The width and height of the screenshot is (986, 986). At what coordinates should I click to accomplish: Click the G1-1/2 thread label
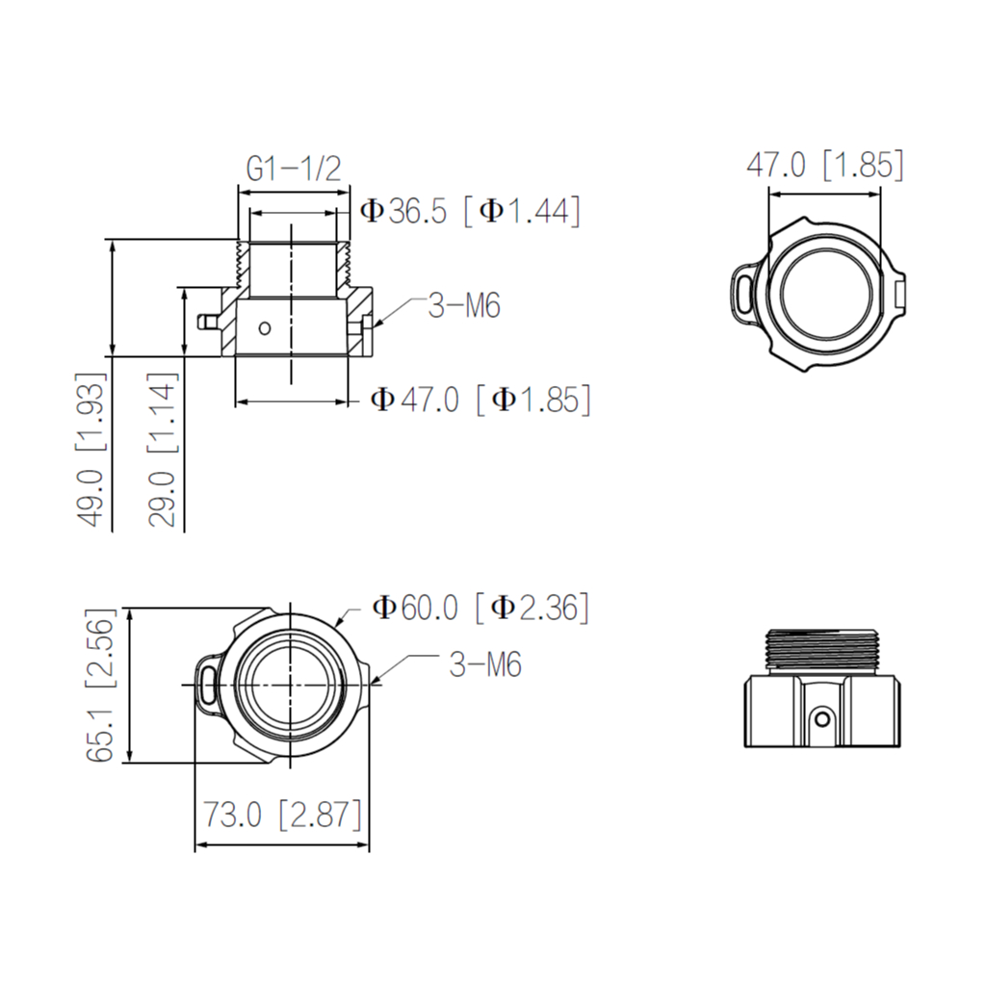[294, 169]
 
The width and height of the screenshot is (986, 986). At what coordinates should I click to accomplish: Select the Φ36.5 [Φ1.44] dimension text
[470, 211]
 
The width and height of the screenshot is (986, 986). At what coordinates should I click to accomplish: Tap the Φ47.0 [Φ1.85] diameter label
[480, 399]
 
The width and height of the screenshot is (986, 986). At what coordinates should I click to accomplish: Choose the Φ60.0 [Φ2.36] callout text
[480, 608]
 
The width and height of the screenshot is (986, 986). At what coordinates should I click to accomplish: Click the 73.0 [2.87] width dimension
[282, 816]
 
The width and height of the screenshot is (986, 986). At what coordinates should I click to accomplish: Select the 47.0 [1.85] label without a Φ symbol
[825, 165]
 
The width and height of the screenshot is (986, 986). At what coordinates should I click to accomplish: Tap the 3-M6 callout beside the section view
[464, 306]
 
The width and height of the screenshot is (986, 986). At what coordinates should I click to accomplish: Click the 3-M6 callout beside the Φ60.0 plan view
[485, 664]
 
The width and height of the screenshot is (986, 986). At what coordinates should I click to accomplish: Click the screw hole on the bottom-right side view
[821, 718]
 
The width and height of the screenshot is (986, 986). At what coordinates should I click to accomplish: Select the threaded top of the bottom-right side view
[823, 648]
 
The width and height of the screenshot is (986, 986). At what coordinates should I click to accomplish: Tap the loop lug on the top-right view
[742, 292]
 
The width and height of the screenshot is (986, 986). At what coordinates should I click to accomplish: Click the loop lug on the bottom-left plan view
[206, 683]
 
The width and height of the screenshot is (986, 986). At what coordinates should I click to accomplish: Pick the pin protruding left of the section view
[207, 320]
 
